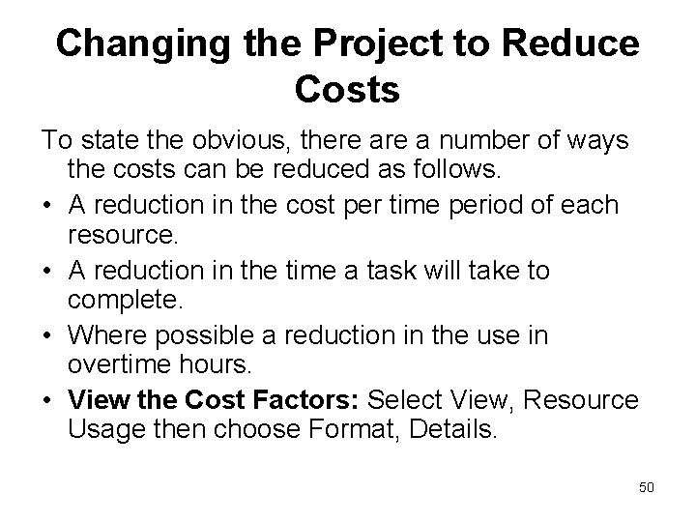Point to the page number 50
tap(646, 486)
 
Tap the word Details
tap(449, 431)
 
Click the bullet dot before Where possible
tap(47, 335)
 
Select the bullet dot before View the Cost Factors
tap(47, 400)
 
